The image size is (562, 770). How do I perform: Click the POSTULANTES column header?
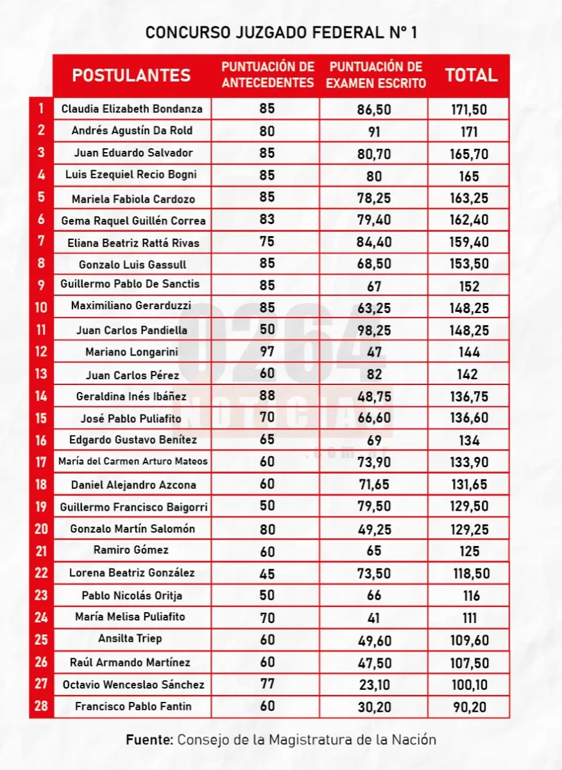132,75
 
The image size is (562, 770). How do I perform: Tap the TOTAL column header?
472,75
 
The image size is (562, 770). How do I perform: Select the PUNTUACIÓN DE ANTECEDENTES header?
268,75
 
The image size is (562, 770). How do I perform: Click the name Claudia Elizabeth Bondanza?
132,108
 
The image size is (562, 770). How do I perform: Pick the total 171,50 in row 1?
469,109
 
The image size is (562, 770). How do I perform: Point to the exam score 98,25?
374,330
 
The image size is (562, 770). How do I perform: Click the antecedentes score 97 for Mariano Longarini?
267,351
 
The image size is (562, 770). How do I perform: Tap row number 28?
41,706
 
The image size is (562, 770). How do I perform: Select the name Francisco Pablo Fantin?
133,706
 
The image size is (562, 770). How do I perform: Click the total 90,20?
469,707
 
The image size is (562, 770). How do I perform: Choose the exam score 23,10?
374,685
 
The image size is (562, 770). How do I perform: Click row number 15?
41,418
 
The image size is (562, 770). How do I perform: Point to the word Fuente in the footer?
149,739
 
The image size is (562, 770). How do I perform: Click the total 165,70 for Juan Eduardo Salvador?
469,153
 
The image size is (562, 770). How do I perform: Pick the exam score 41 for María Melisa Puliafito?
374,618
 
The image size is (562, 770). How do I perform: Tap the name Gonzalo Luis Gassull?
132,264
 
